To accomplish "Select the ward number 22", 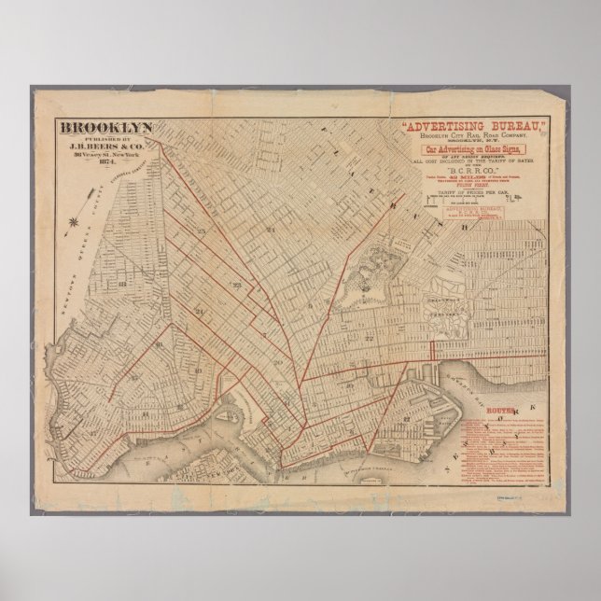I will pyautogui.click(x=370, y=337).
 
